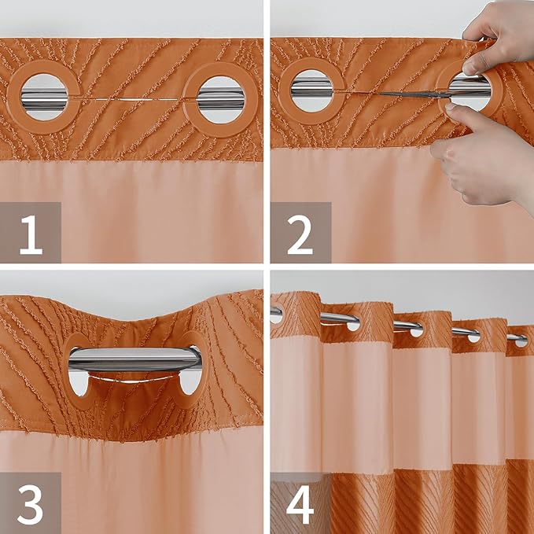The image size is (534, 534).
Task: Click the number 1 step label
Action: point(31,233)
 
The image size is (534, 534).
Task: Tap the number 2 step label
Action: point(300,233)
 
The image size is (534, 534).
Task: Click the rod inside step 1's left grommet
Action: point(43,98)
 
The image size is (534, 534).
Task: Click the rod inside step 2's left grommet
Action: point(312,91)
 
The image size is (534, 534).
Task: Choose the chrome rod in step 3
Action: point(134,359)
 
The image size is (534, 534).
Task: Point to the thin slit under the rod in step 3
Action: point(134,377)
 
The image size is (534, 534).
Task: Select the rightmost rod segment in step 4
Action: point(517,338)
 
